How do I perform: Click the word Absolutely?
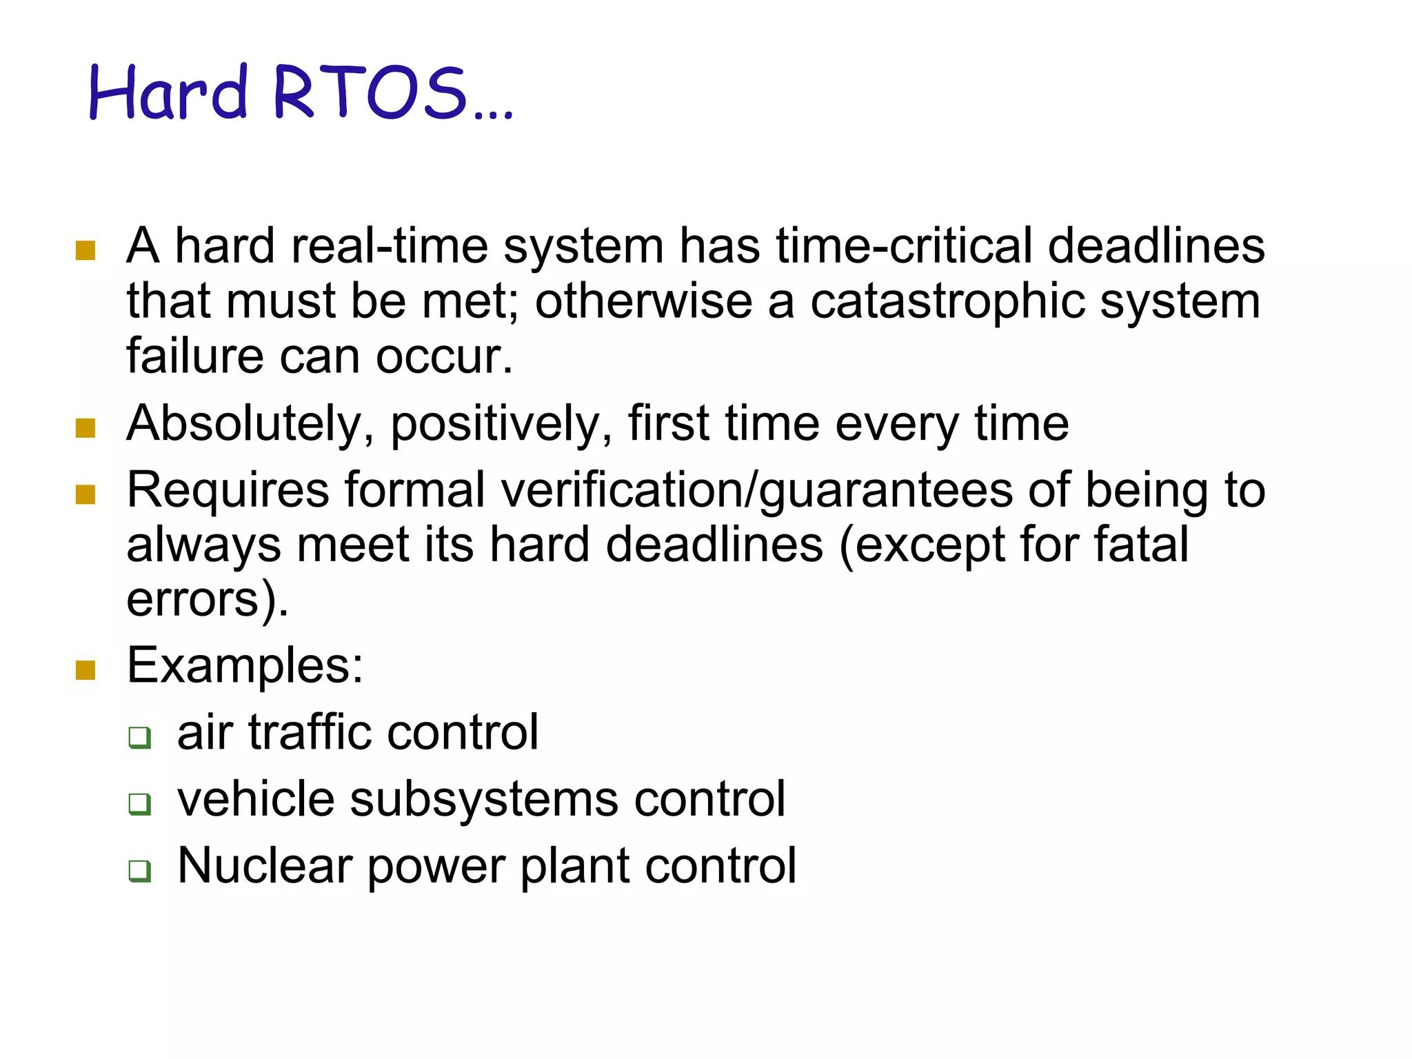[x=245, y=423]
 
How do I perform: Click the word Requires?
[x=228, y=490]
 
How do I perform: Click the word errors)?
[x=207, y=600]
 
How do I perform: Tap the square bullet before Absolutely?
[x=85, y=428]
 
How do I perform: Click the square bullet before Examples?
[x=85, y=669]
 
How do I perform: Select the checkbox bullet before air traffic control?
[x=140, y=737]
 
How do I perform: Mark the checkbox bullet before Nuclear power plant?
[x=140, y=871]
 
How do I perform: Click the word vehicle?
[x=256, y=799]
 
